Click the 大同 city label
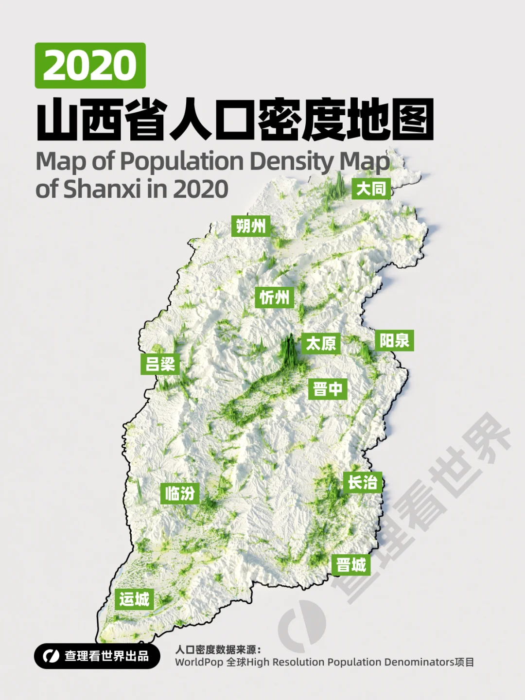click(x=371, y=189)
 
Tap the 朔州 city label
click(x=250, y=226)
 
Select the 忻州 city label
click(x=274, y=297)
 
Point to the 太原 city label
click(x=320, y=344)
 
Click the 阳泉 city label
click(x=394, y=340)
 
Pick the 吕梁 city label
click(x=160, y=364)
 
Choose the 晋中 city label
click(x=328, y=389)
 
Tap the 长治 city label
click(x=362, y=482)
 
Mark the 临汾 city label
click(x=179, y=493)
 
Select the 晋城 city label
click(x=351, y=565)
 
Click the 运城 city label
click(x=134, y=599)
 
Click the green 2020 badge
click(x=90, y=66)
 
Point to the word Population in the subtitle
click(x=182, y=161)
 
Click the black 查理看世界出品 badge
click(x=97, y=656)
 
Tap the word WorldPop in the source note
click(x=199, y=663)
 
